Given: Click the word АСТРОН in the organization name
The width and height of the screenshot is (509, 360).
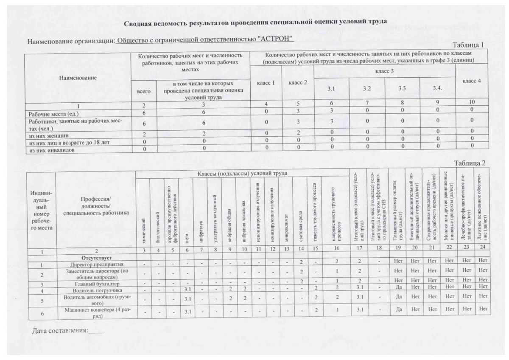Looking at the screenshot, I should [x=275, y=39].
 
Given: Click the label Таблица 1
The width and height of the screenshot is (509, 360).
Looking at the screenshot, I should [x=468, y=45].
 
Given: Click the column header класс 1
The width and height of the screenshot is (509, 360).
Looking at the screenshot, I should [x=266, y=82].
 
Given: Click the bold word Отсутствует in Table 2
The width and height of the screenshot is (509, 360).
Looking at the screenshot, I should [x=95, y=258].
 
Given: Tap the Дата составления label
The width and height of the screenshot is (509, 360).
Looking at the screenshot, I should [x=59, y=330].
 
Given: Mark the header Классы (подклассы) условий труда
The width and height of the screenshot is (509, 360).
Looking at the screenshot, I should [x=242, y=173].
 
